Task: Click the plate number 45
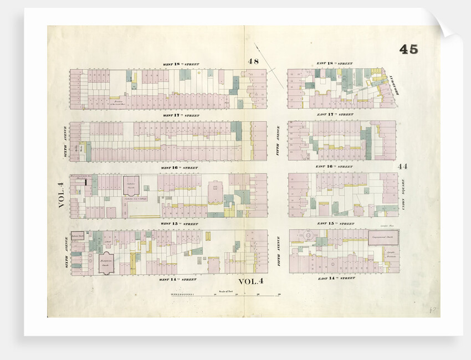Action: pos(408,49)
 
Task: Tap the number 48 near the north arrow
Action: pos(253,61)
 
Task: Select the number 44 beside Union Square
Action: pos(402,166)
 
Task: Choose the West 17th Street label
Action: pos(180,115)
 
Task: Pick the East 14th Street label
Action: pos(336,278)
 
